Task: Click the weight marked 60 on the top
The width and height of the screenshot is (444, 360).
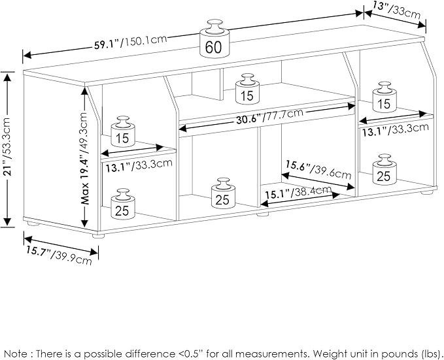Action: [213, 39]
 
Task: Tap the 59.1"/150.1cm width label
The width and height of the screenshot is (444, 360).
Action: [130, 43]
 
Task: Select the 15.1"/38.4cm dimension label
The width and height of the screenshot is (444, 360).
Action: [298, 192]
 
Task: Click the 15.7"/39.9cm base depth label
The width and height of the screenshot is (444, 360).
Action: [58, 254]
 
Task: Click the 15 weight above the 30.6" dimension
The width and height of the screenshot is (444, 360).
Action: [246, 89]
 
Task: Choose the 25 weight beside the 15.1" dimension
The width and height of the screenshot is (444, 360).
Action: [222, 193]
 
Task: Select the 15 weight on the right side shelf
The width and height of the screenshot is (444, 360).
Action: [383, 97]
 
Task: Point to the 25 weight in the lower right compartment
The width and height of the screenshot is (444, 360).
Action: [383, 169]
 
